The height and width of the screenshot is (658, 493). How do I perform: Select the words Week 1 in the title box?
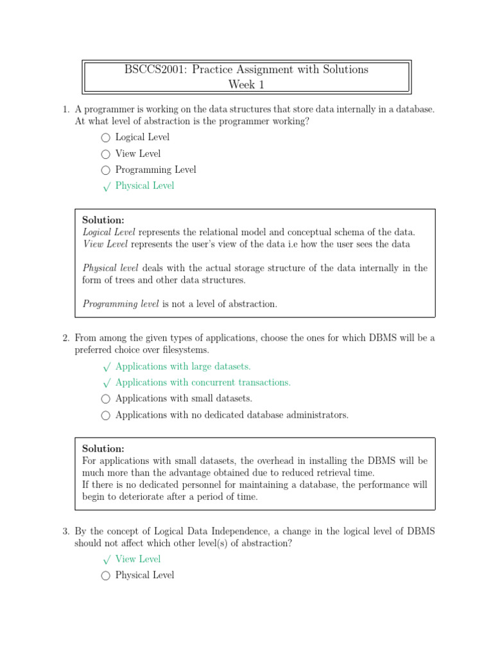(x=246, y=85)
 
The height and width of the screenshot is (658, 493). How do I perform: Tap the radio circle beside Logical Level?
(x=106, y=138)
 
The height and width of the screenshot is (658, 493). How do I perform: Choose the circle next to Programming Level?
(x=106, y=170)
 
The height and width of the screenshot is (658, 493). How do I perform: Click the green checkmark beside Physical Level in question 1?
(x=106, y=186)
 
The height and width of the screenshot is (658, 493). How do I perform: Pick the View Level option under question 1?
(x=138, y=154)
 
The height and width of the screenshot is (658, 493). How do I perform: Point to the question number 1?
(x=65, y=110)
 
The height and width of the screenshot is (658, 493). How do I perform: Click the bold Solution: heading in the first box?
(x=103, y=220)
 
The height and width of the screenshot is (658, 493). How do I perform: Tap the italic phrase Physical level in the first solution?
(x=110, y=268)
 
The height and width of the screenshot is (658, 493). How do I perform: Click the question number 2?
(x=65, y=338)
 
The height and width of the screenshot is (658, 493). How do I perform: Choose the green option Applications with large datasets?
(x=183, y=366)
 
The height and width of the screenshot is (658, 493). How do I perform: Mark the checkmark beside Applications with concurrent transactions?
(x=106, y=383)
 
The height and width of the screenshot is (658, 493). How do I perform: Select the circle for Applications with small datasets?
(x=106, y=399)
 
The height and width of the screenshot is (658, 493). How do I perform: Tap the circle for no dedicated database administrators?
(x=106, y=416)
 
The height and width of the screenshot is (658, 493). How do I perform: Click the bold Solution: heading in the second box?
(x=103, y=449)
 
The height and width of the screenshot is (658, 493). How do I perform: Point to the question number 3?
(x=65, y=531)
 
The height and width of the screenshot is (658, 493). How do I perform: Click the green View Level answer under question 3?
(x=138, y=559)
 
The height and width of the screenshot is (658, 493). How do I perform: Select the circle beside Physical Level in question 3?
(x=106, y=576)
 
